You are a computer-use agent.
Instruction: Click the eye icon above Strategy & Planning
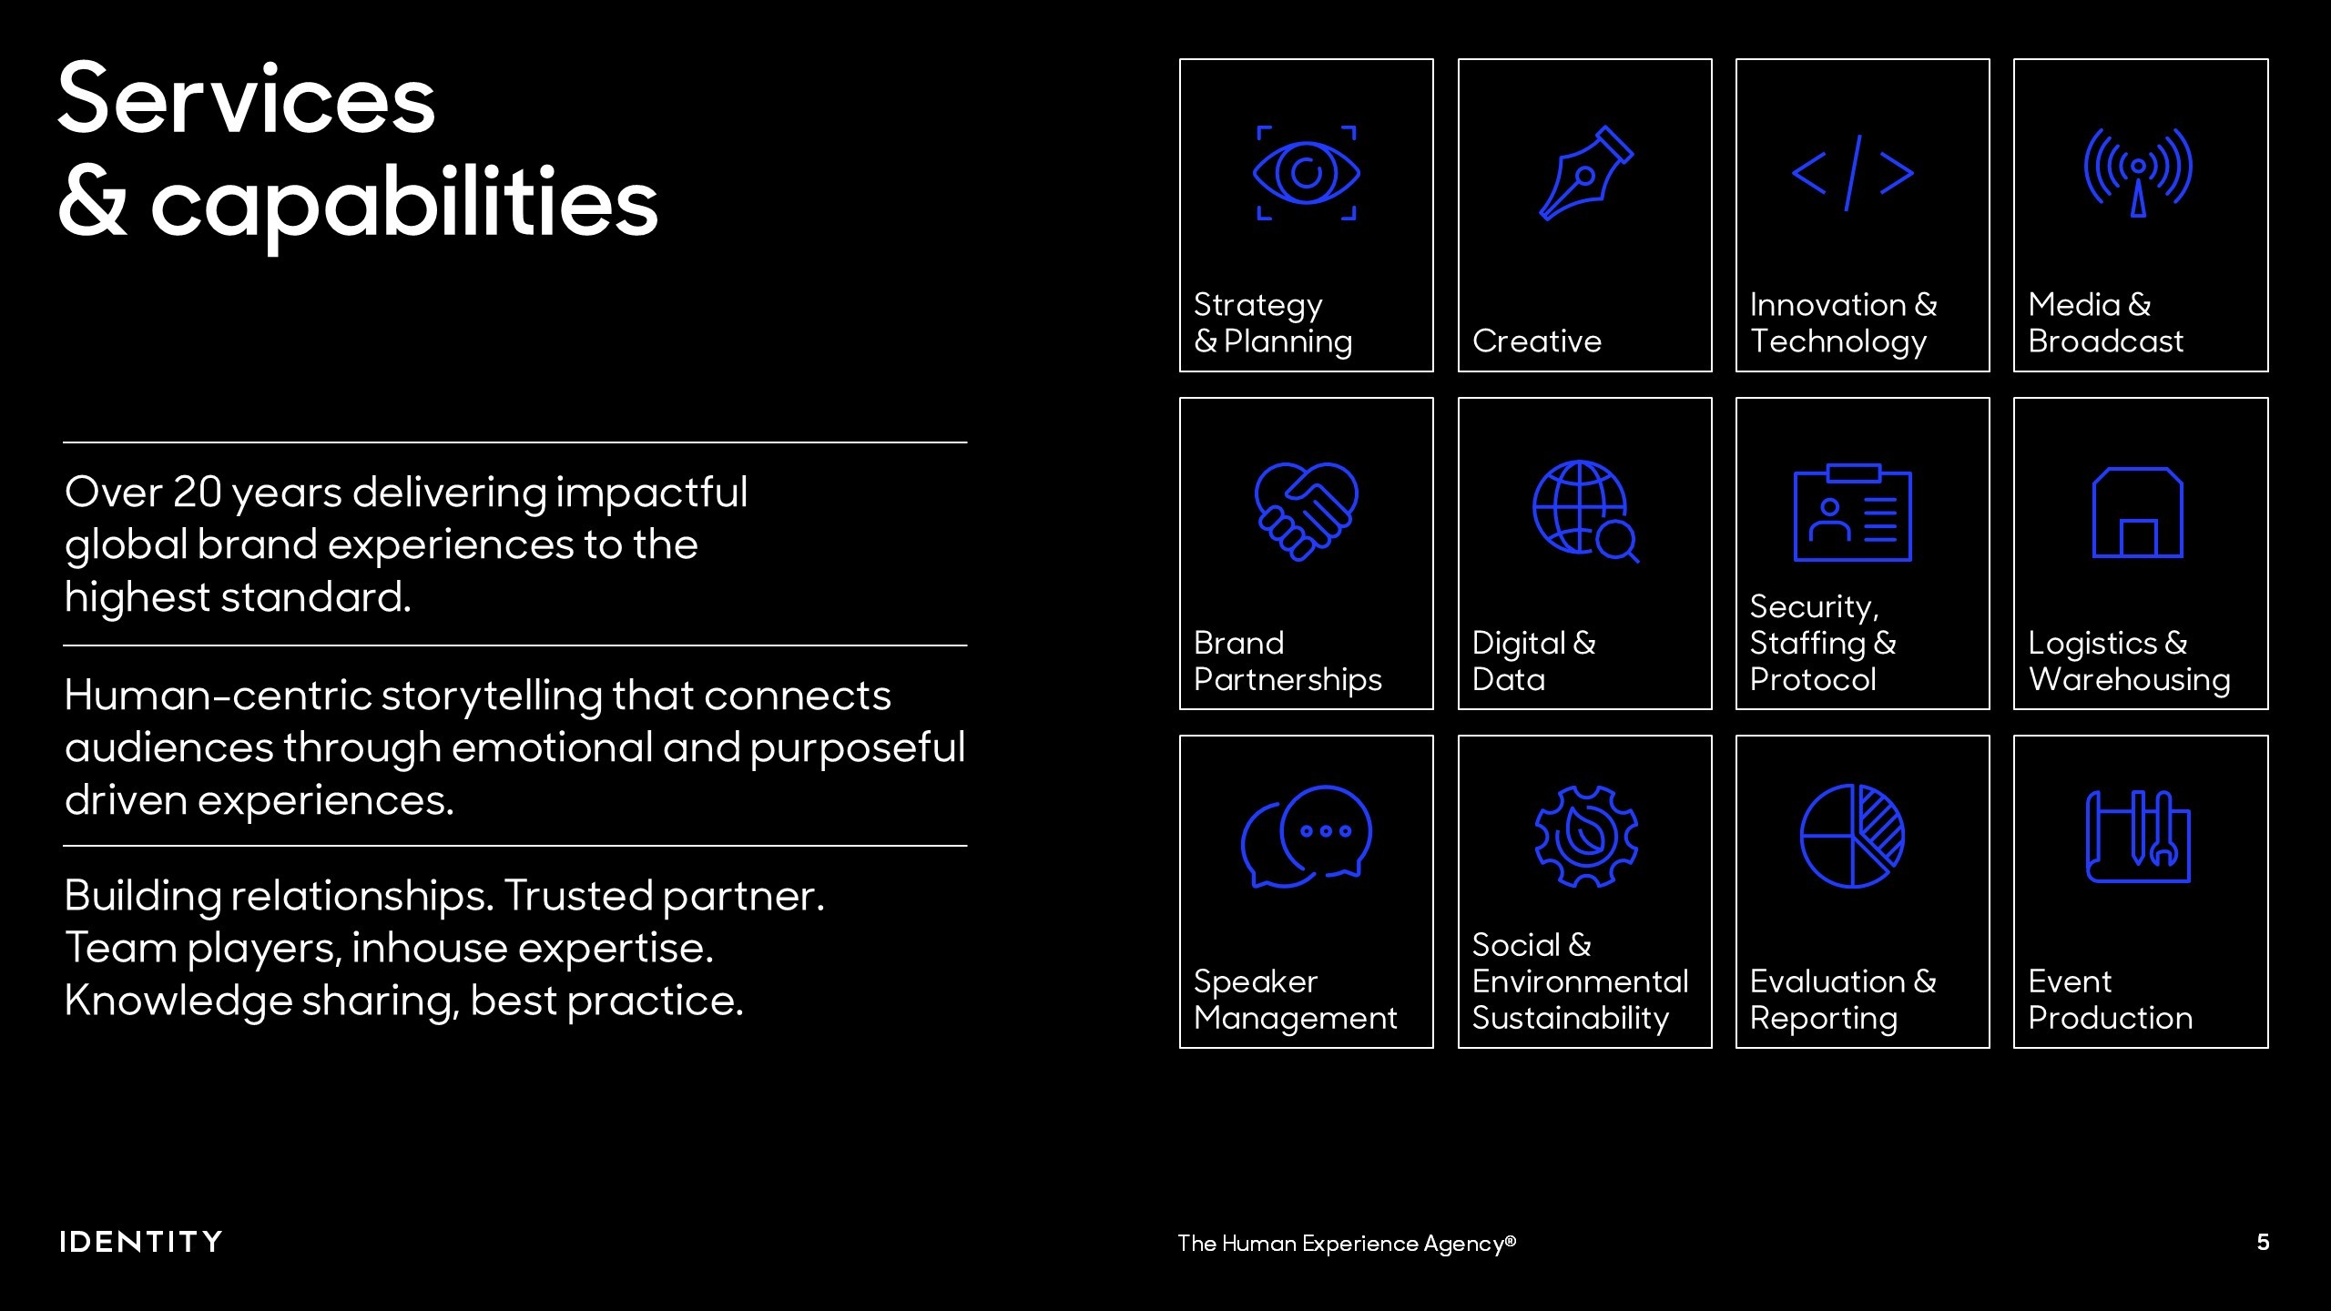pos(1307,173)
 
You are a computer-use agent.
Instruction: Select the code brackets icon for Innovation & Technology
pos(1852,173)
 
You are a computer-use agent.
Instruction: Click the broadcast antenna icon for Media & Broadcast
pos(2138,173)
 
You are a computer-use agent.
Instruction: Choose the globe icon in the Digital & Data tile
pos(1585,511)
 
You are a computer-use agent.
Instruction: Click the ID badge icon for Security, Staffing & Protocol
pos(1852,513)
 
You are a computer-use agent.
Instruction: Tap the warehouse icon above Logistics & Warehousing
pos(2138,513)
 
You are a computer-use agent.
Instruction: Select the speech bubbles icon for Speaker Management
pos(1307,836)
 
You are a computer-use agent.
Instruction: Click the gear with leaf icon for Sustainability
pos(1586,836)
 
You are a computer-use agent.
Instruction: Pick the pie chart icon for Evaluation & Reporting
pos(1852,836)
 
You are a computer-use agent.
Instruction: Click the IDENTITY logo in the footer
pos(141,1242)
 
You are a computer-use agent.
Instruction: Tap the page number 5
pos(2263,1242)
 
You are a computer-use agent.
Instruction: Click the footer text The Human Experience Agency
pos(1347,1244)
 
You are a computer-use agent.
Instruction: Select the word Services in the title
pos(247,99)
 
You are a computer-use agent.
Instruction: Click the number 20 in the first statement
pos(198,493)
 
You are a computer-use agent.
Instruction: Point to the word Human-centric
pos(219,696)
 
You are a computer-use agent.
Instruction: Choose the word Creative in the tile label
pos(1537,340)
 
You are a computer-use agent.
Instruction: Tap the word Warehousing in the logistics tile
pos(2130,679)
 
